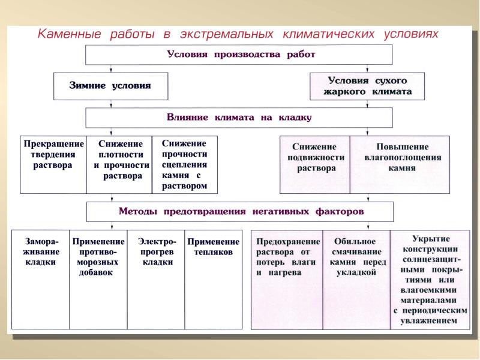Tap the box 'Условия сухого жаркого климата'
click(x=369, y=86)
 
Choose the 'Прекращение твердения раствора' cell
click(x=53, y=164)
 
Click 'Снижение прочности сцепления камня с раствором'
click(x=184, y=164)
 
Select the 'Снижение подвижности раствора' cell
click(x=315, y=164)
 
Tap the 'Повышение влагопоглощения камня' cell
click(x=400, y=164)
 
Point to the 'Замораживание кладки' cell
click(x=41, y=279)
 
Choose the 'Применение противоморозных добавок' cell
click(x=98, y=279)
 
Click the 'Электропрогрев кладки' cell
click(x=156, y=279)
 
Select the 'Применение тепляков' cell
click(x=213, y=279)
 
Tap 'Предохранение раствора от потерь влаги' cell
click(x=287, y=279)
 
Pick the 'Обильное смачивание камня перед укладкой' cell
click(x=356, y=279)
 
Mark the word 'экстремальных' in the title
click(x=223, y=34)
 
